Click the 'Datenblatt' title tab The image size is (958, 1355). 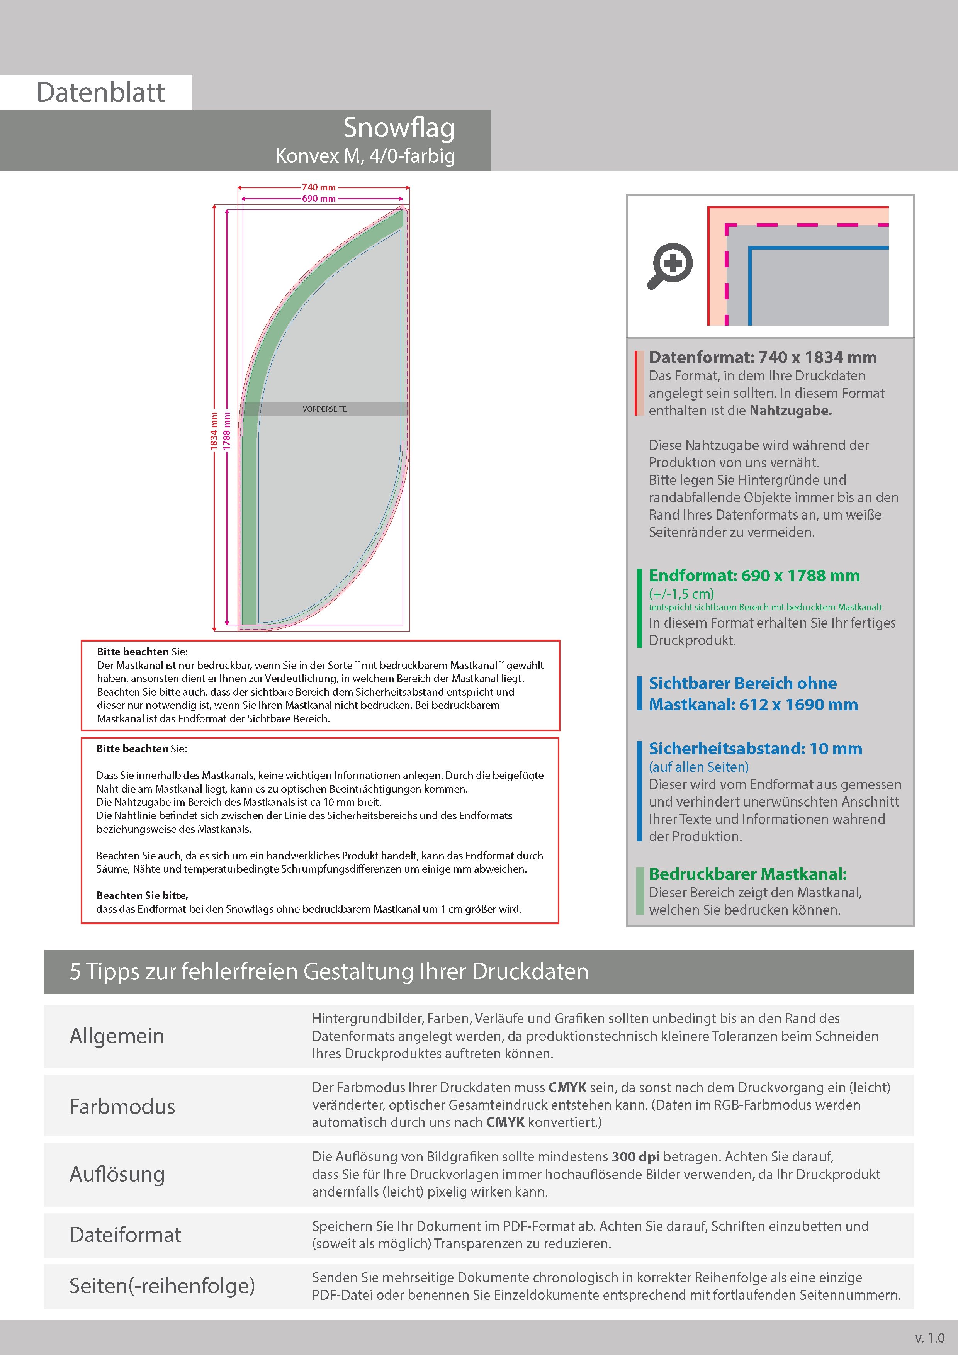pyautogui.click(x=100, y=92)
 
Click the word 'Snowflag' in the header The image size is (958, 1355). pyautogui.click(x=399, y=128)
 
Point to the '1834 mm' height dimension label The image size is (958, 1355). pyautogui.click(x=214, y=431)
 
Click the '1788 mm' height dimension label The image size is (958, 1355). pyautogui.click(x=227, y=431)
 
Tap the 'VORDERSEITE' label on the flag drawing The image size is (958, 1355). pyautogui.click(x=324, y=409)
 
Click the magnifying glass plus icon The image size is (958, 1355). pyautogui.click(x=671, y=265)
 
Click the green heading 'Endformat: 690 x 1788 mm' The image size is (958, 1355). pyautogui.click(x=754, y=576)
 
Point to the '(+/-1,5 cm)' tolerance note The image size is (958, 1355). pyautogui.click(x=681, y=594)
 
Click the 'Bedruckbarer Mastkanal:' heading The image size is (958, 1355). pyautogui.click(x=747, y=874)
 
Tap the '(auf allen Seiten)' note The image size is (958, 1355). pyautogui.click(x=698, y=767)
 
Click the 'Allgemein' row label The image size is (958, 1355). pyautogui.click(x=117, y=1036)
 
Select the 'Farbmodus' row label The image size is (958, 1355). pyautogui.click(x=122, y=1106)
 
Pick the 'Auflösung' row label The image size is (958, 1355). pyautogui.click(x=117, y=1174)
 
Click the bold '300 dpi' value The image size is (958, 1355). pyautogui.click(x=636, y=1157)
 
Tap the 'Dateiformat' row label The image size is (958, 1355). pyautogui.click(x=125, y=1234)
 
